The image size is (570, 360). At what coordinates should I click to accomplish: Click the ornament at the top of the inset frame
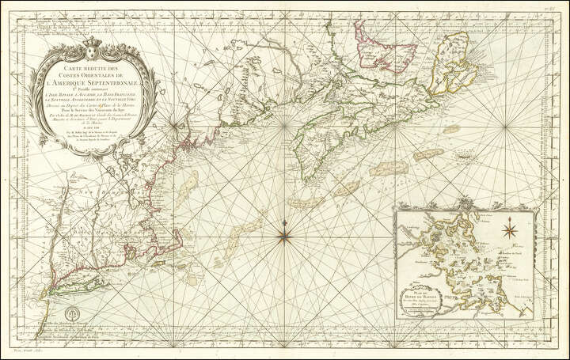(x=467, y=204)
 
